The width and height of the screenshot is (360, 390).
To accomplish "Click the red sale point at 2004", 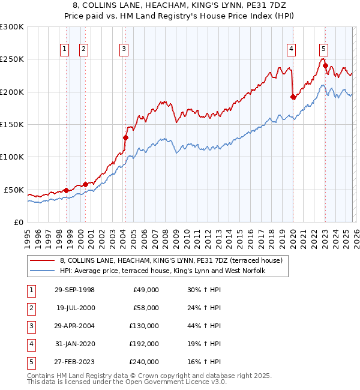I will click(125, 137).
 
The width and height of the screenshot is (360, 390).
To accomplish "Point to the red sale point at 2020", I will click(293, 97).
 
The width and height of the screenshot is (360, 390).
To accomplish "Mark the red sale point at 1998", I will click(66, 190).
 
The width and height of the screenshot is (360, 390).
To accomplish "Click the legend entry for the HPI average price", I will click(162, 271).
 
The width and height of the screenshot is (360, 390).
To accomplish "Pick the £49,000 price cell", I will click(145, 290).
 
